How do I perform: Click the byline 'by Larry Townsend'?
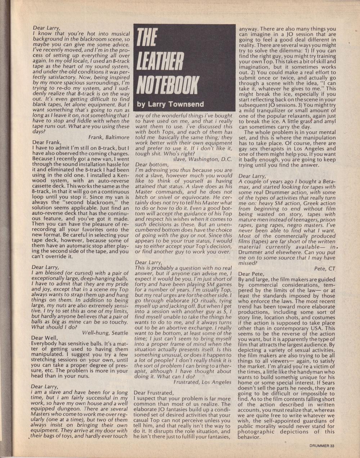170,105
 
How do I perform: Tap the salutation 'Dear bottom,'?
151,164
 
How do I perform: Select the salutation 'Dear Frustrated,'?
153,392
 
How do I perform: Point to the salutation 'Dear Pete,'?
251,274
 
